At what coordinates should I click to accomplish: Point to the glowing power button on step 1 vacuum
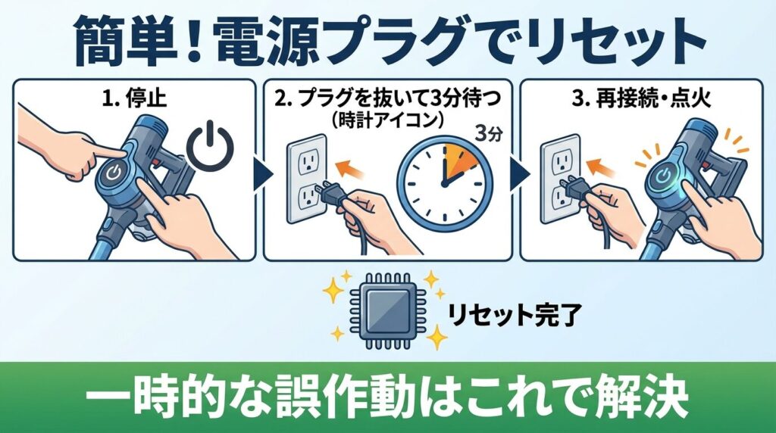113,173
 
